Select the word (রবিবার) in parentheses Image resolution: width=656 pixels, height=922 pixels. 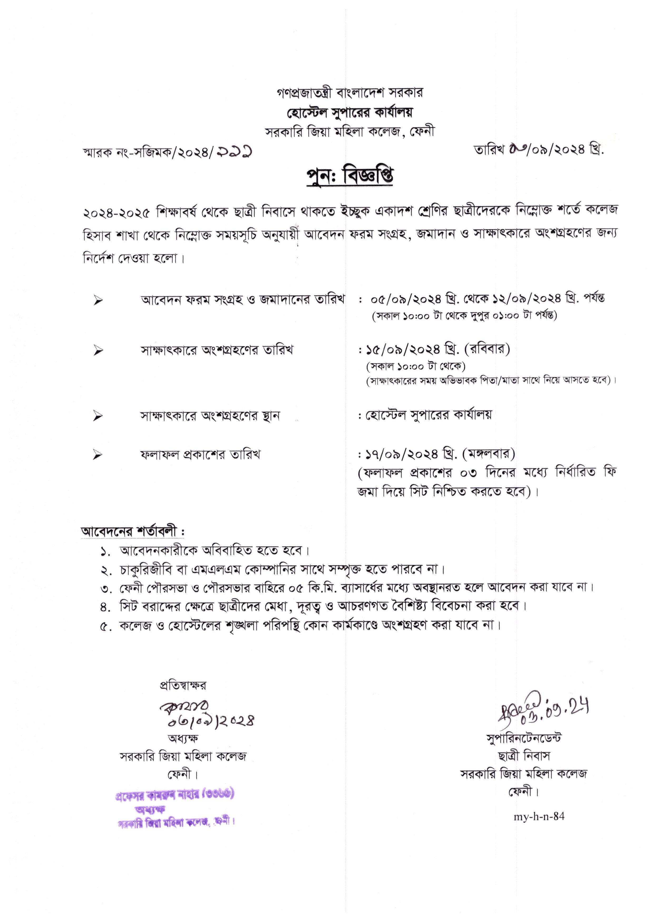coord(488,349)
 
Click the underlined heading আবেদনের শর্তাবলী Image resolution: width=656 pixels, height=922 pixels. coord(133,531)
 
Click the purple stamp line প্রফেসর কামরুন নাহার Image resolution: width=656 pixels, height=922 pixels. coord(174,795)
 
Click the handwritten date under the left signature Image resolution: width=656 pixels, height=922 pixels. coord(211,720)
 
